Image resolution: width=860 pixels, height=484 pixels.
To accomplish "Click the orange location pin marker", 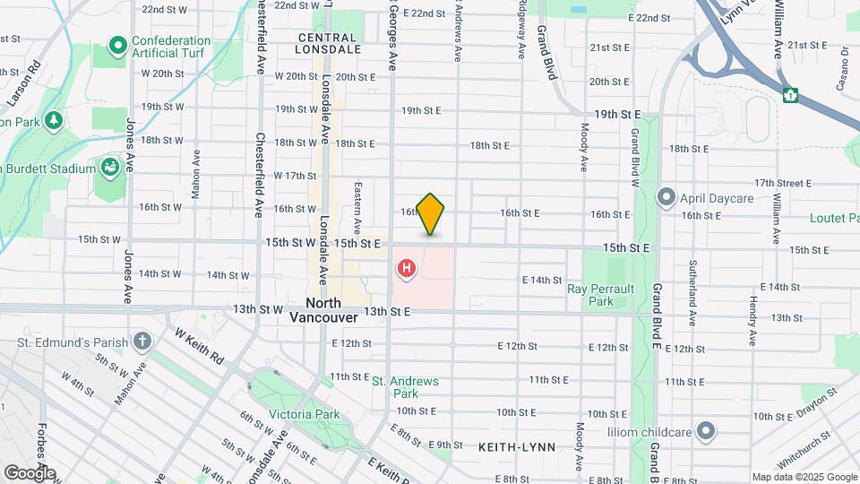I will pyautogui.click(x=431, y=213).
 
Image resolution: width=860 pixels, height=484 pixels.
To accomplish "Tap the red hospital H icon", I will pyautogui.click(x=407, y=268).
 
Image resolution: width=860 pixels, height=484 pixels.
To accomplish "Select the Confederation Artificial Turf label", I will pyautogui.click(x=171, y=48).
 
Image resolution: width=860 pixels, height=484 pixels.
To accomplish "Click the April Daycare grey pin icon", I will pyautogui.click(x=666, y=196).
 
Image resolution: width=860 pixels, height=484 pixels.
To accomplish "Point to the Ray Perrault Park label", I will pyautogui.click(x=601, y=295).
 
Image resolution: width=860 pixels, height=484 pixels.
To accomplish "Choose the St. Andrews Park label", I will pyautogui.click(x=406, y=387).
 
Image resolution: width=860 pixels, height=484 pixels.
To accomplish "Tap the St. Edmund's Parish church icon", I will pyautogui.click(x=142, y=341).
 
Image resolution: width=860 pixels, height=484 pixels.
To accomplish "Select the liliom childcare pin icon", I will pyautogui.click(x=706, y=431).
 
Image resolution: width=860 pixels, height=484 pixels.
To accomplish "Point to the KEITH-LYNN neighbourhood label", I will pyautogui.click(x=517, y=446).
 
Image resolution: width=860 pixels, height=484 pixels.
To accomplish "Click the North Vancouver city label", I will pyautogui.click(x=324, y=310).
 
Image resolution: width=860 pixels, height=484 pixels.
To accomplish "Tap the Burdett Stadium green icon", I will pyautogui.click(x=108, y=168).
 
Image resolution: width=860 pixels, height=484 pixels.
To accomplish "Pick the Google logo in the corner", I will pyautogui.click(x=30, y=472).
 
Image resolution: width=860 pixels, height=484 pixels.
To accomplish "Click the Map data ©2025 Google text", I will pyautogui.click(x=804, y=477).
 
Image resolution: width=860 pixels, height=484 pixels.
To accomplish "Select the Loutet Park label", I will pyautogui.click(x=833, y=218).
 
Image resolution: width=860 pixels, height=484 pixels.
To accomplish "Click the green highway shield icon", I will pyautogui.click(x=790, y=94).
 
